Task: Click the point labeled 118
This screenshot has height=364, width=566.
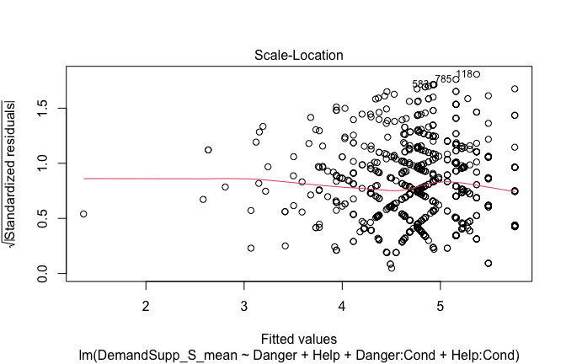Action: tap(477, 74)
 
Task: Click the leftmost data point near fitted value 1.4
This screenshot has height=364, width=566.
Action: tap(83, 214)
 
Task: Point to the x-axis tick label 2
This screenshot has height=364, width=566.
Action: tap(146, 303)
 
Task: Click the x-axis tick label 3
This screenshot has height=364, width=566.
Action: tap(244, 303)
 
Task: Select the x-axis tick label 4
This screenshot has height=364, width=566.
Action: tap(342, 303)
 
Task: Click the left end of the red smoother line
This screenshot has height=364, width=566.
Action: tap(84, 179)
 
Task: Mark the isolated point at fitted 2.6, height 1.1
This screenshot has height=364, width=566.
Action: tap(208, 150)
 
